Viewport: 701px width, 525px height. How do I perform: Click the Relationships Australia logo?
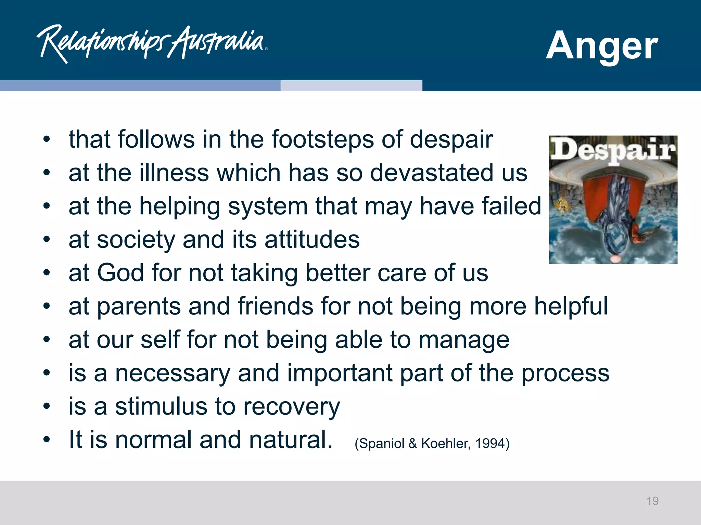click(x=152, y=43)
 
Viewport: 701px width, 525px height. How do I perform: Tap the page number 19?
click(x=652, y=501)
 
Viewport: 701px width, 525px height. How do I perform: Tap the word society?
click(x=136, y=240)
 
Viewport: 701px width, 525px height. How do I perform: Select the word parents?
click(x=139, y=307)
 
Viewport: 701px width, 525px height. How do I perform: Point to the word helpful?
click(x=571, y=307)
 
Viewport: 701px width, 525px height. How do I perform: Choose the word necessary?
click(x=173, y=373)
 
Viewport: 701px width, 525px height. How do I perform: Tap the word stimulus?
click(x=161, y=406)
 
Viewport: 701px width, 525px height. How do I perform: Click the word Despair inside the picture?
click(x=613, y=150)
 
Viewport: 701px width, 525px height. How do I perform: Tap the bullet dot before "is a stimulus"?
click(x=47, y=406)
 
